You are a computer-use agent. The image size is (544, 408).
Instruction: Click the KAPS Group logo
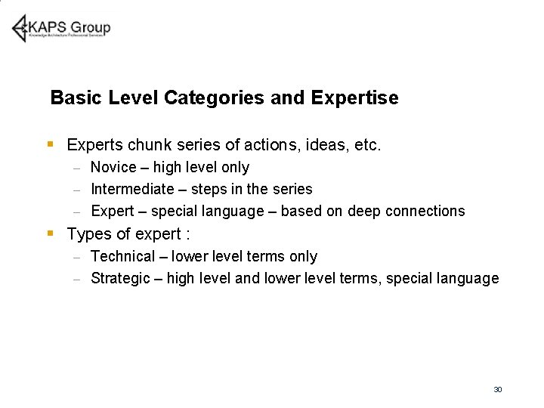click(61, 28)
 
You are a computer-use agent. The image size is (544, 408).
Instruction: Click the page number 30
click(497, 389)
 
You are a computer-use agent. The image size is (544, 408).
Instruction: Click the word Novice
click(113, 167)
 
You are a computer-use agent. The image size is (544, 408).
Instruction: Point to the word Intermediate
click(131, 189)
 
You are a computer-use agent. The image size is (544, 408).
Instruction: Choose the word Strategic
click(120, 279)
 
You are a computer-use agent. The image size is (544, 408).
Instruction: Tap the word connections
click(425, 211)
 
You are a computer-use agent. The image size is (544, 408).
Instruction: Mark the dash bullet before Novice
click(77, 168)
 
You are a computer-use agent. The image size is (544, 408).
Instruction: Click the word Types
click(89, 234)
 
